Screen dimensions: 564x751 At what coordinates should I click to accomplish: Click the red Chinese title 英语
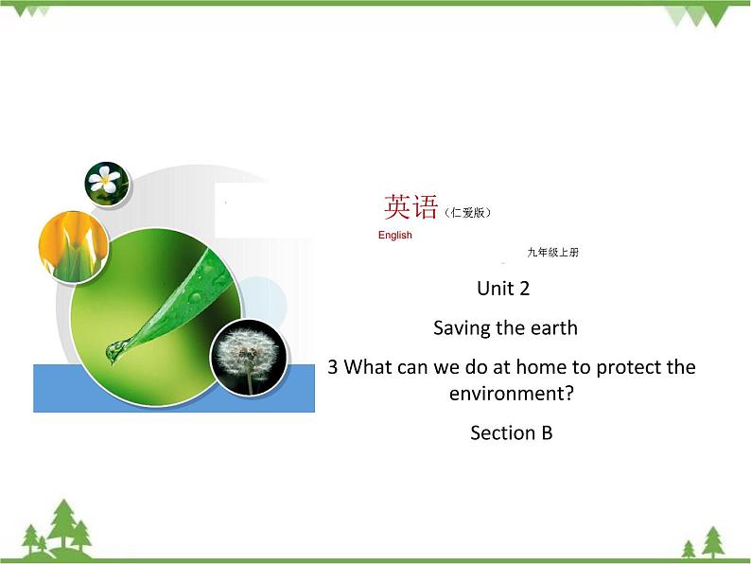[x=411, y=206]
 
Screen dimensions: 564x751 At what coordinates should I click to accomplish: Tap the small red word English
[x=394, y=236]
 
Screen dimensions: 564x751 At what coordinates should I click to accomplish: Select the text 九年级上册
[x=552, y=253]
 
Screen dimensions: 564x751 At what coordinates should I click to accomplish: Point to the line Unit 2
[x=511, y=288]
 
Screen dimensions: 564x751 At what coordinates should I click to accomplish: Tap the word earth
[x=552, y=328]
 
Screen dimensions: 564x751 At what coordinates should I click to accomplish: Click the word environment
[x=511, y=391]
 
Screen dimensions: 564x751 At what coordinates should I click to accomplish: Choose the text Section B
[x=511, y=432]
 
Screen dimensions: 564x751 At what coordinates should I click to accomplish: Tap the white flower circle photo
[x=107, y=182]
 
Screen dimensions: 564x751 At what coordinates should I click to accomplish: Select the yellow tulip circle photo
[x=71, y=246]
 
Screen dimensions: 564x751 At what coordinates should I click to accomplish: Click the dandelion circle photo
[x=247, y=357]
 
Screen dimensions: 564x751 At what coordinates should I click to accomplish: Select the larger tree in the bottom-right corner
[x=712, y=540]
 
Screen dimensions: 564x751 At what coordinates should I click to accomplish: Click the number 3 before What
[x=332, y=366]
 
